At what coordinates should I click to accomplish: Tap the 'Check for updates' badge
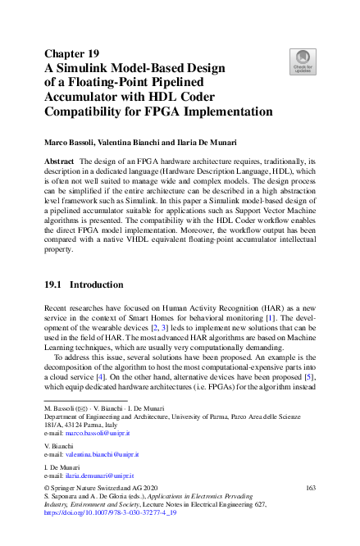click(x=303, y=61)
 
